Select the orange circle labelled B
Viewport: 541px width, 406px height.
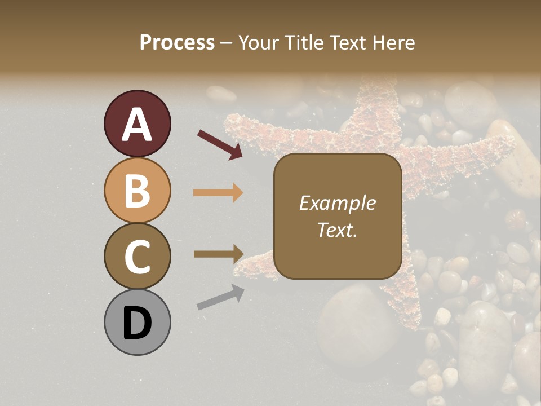pyautogui.click(x=137, y=190)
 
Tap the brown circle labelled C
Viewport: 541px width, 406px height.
pyautogui.click(x=137, y=256)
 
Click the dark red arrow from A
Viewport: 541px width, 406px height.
pyautogui.click(x=219, y=144)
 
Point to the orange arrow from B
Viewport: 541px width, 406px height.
pyautogui.click(x=218, y=193)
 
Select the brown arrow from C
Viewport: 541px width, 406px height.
pyautogui.click(x=218, y=254)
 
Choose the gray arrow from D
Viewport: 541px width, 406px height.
pyautogui.click(x=220, y=298)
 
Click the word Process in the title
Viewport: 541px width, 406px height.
pyautogui.click(x=177, y=42)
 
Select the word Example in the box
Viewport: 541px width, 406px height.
pyautogui.click(x=337, y=203)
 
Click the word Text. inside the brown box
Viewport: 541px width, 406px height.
pyautogui.click(x=337, y=230)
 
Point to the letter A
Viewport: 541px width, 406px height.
pyautogui.click(x=137, y=125)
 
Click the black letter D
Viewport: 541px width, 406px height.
pyautogui.click(x=137, y=323)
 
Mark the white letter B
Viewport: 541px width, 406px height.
pyautogui.click(x=137, y=191)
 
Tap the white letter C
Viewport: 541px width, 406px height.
pyautogui.click(x=137, y=257)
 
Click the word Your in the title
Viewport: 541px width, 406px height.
pyautogui.click(x=260, y=42)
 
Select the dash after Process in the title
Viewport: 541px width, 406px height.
pyautogui.click(x=227, y=43)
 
